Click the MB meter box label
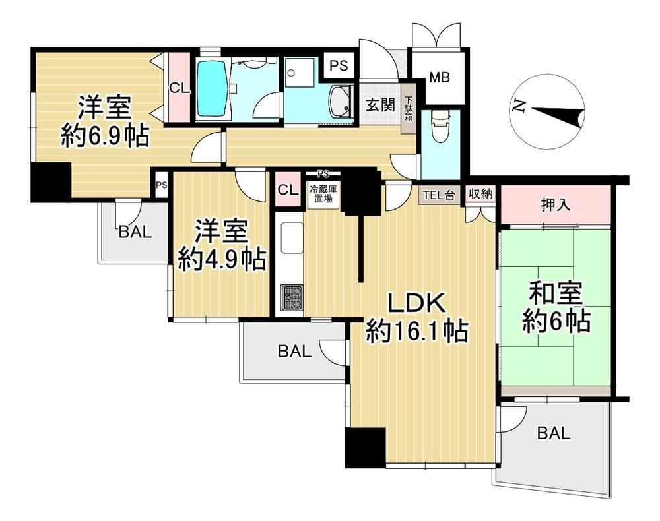(440, 77)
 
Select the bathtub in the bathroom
(213, 89)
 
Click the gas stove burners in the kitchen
(292, 297)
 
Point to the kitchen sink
(291, 238)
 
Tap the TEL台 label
(439, 195)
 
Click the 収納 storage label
(480, 195)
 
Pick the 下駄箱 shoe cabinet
(409, 109)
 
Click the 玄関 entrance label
(380, 105)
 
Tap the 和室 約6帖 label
(556, 309)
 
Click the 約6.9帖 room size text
(105, 136)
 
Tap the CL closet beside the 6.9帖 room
(180, 88)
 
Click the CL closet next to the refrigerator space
(288, 190)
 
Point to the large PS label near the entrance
(339, 65)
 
